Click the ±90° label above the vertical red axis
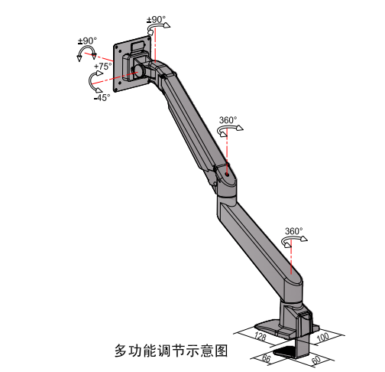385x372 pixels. click(x=157, y=20)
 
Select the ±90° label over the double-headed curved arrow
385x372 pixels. click(x=87, y=41)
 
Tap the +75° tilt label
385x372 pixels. click(x=103, y=67)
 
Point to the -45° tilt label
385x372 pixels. click(x=102, y=97)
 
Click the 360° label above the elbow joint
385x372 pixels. click(x=228, y=120)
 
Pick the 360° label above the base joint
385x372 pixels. click(x=294, y=231)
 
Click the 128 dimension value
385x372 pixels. click(x=260, y=336)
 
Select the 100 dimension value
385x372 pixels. click(x=322, y=338)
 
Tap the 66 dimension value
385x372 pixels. click(x=266, y=358)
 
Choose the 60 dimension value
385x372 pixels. click(x=316, y=360)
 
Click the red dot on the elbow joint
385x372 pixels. click(x=227, y=175)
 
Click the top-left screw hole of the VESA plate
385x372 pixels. click(x=117, y=47)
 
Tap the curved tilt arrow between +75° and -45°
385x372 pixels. click(x=89, y=81)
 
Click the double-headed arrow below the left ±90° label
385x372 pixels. click(x=87, y=47)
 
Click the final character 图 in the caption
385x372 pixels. click(x=221, y=351)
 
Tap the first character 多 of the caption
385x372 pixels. click(x=121, y=351)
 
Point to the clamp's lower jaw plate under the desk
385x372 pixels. click(x=285, y=351)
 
